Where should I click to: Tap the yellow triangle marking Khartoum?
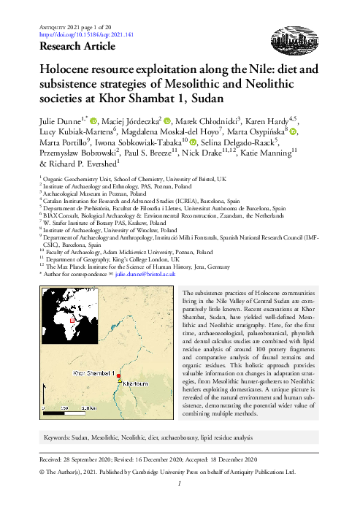(x=120, y=380)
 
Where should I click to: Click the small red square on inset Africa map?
(x=72, y=340)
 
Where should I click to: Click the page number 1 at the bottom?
(x=180, y=483)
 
